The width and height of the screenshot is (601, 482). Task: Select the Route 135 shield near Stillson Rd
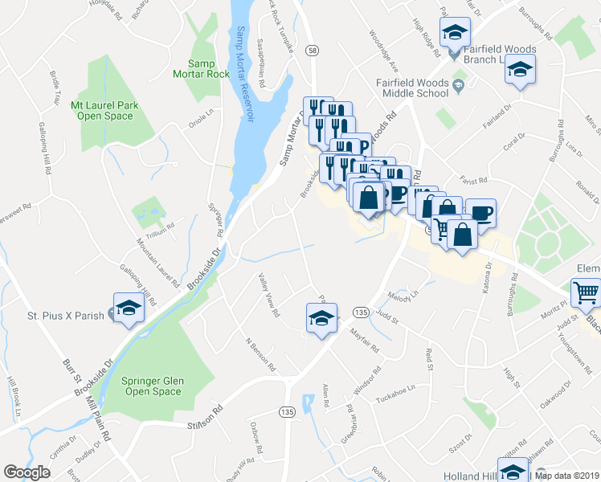(288, 411)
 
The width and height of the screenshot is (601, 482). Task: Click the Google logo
(27, 472)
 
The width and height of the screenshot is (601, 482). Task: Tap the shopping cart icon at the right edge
(586, 293)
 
